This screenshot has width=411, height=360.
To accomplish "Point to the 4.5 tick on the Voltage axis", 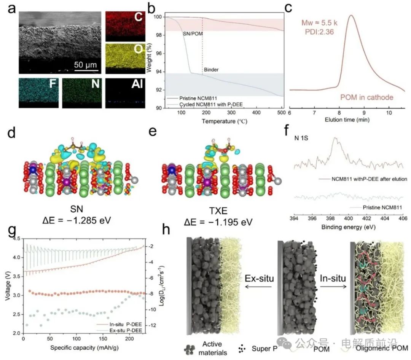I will pos(18,239).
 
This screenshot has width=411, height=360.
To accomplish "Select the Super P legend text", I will pos(264,348).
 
